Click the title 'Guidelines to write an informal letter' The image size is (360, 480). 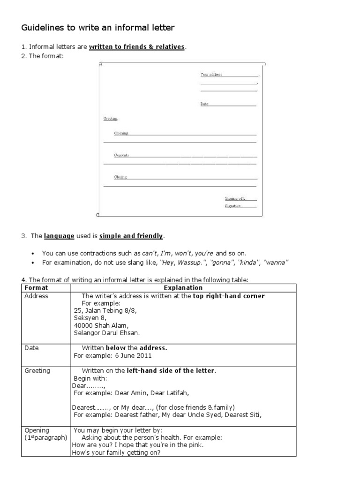click(x=97, y=28)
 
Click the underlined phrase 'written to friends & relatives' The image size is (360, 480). click(x=137, y=47)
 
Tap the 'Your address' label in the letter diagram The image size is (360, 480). click(x=211, y=75)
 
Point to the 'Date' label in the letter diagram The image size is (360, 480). click(x=204, y=104)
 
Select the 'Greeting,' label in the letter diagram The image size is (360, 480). click(x=111, y=119)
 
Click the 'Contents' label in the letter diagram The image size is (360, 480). click(x=121, y=155)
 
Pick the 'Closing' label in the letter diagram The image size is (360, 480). click(x=120, y=177)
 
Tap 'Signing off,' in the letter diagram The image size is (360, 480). click(x=235, y=198)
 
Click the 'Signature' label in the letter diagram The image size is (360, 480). click(x=232, y=206)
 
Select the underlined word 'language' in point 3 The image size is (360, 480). click(x=59, y=236)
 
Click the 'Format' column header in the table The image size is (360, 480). click(x=37, y=288)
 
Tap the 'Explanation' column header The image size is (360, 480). click(x=183, y=288)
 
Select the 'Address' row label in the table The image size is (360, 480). click(x=37, y=296)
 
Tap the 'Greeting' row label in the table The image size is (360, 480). click(x=37, y=371)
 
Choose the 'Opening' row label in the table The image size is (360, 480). click(x=37, y=430)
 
